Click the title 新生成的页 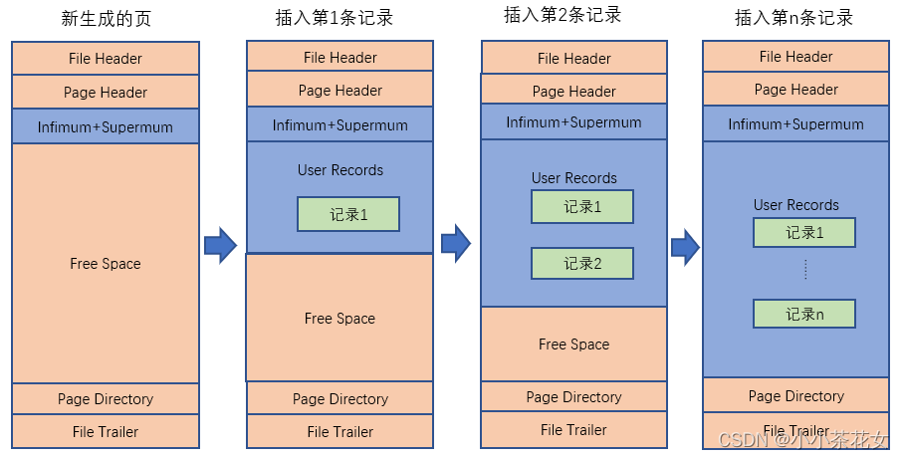click(105, 19)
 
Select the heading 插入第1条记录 click(339, 19)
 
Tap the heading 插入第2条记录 click(574, 15)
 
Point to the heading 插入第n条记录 click(795, 18)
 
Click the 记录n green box click(804, 314)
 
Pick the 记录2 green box click(582, 264)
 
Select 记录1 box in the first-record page click(348, 214)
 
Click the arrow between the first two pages click(220, 244)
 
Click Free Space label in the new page click(106, 264)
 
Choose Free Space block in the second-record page click(573, 344)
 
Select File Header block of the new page click(106, 59)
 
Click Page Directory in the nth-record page click(795, 395)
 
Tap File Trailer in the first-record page click(339, 432)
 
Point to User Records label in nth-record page click(795, 205)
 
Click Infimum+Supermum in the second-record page click(573, 122)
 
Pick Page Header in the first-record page click(339, 91)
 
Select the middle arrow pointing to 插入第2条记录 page click(455, 242)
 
